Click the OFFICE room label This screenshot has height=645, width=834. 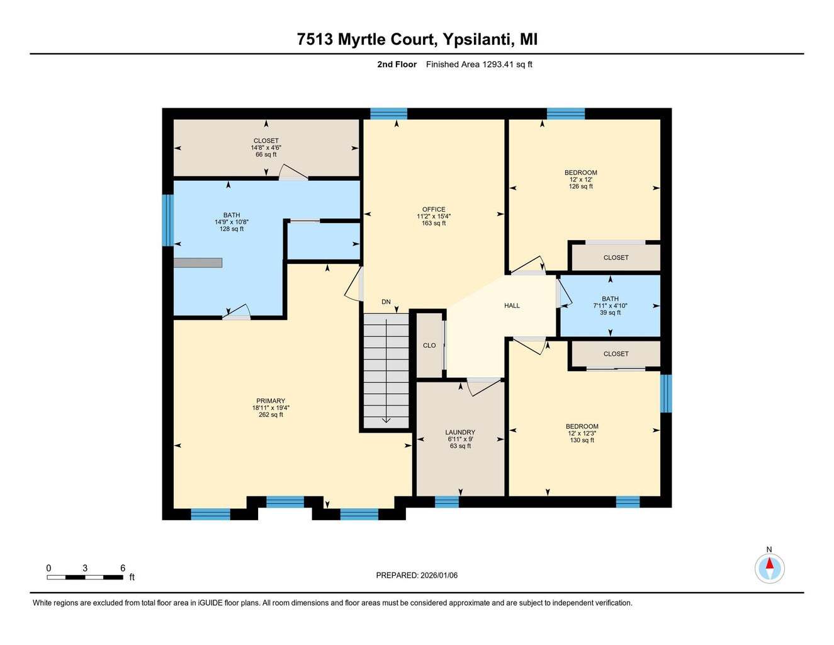coord(434,209)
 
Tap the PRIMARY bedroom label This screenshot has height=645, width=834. coord(271,401)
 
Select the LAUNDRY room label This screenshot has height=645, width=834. coord(460,432)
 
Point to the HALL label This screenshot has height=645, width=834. coord(512,305)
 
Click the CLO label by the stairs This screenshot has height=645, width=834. coord(429,346)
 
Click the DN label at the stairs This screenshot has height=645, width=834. coord(386,302)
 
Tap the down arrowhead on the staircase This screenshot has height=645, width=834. coord(386,420)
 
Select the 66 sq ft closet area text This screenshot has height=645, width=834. coord(266,154)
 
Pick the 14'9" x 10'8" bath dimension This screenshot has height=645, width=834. coord(232,222)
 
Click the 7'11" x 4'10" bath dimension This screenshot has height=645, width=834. coord(611,305)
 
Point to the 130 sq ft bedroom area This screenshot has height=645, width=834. coord(582,440)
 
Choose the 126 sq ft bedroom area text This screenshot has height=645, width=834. coord(581,186)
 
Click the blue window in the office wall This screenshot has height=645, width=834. coord(388,113)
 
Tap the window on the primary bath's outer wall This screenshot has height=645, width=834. coord(167,220)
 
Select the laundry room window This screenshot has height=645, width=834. coord(447,502)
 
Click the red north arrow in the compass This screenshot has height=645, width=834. coord(770,563)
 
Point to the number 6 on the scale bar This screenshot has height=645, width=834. coord(123,568)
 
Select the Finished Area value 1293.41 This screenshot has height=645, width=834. coord(498,64)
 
